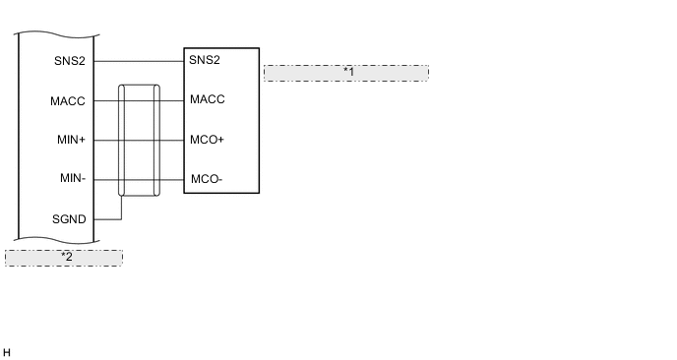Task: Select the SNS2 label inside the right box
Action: (205, 61)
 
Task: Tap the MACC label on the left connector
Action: (68, 100)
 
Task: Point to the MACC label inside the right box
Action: (208, 100)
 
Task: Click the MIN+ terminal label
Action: (71, 140)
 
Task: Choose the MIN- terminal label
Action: (71, 179)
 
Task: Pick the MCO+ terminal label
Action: (207, 140)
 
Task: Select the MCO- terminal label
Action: (206, 180)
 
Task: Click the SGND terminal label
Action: (68, 218)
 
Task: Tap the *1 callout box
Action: (346, 73)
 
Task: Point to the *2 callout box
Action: (64, 257)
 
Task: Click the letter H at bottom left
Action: (7, 351)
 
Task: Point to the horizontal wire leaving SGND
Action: (107, 218)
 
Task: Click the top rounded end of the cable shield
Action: (139, 87)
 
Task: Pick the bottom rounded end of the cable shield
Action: (139, 195)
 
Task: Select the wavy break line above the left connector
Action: (56, 34)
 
